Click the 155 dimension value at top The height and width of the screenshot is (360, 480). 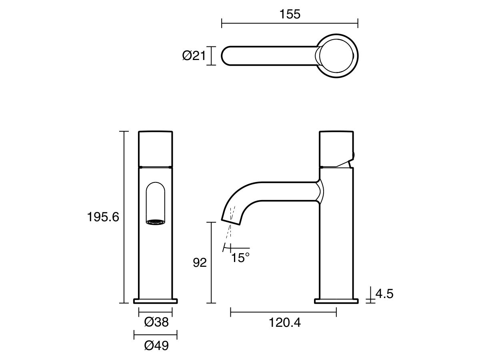click(x=290, y=14)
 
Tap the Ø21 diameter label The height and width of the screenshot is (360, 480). click(x=194, y=56)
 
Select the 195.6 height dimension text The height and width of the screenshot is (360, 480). click(x=103, y=217)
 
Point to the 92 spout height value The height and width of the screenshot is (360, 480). click(x=199, y=263)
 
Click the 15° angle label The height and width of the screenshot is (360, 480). click(x=240, y=258)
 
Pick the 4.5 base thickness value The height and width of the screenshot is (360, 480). click(x=384, y=294)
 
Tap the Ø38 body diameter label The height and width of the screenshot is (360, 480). click(x=156, y=322)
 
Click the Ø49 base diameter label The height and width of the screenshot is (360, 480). click(x=156, y=345)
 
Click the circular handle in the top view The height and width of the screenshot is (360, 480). click(x=338, y=56)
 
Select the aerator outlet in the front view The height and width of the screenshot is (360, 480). click(x=156, y=222)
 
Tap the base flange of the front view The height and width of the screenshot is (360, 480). click(x=156, y=301)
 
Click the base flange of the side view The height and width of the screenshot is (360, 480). click(x=336, y=301)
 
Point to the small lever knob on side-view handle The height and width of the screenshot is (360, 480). click(x=352, y=155)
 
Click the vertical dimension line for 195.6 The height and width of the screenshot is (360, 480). click(x=124, y=217)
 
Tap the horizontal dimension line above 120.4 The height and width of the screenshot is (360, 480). click(x=283, y=312)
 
